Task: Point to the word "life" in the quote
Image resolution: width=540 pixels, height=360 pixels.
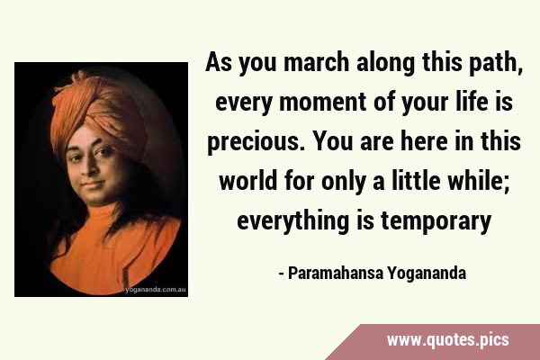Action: click(471, 102)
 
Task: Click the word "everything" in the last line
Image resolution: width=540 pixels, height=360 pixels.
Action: click(293, 221)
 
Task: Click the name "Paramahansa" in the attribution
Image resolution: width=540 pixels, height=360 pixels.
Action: click(336, 273)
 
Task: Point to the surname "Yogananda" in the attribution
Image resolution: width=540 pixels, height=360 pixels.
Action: click(427, 274)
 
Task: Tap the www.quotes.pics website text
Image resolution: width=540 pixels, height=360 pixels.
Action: click(447, 340)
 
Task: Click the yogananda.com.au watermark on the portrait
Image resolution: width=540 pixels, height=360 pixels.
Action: click(156, 290)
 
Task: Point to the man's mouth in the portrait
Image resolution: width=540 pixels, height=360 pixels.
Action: click(93, 184)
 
